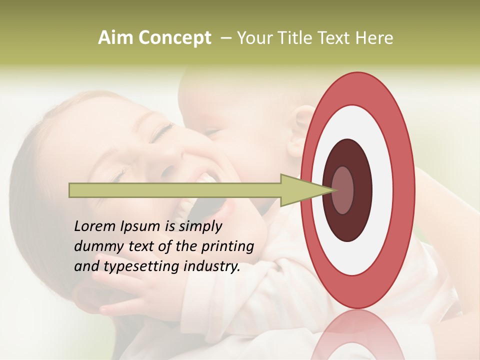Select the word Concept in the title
coord(175,38)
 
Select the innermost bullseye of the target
coord(342,190)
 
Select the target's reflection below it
coord(357,335)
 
